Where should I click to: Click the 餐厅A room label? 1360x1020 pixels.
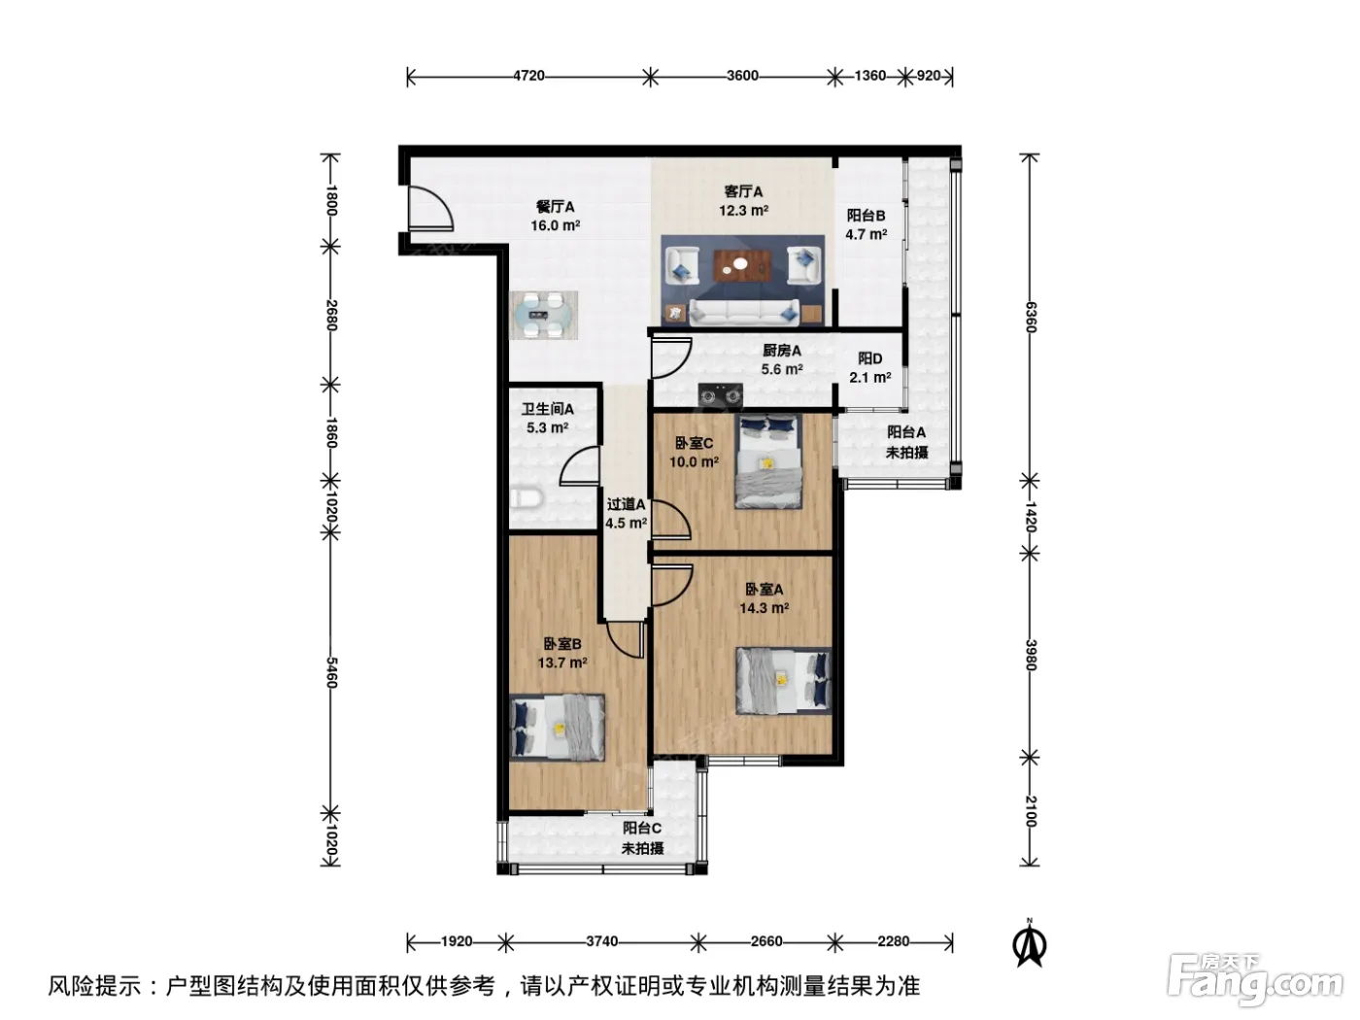[x=555, y=206]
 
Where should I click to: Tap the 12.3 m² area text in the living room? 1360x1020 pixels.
[x=743, y=211]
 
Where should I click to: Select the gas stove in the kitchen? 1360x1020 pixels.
[x=720, y=394]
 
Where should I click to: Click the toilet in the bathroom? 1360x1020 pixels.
[x=526, y=497]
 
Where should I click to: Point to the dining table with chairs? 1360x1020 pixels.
[x=543, y=315]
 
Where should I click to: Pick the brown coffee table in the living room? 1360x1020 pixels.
[x=741, y=264]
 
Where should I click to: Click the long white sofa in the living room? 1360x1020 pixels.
[x=743, y=312]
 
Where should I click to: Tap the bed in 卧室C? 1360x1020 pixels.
[x=768, y=460]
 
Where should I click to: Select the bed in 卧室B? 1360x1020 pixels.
[x=557, y=727]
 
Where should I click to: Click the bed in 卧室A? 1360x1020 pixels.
[x=783, y=681]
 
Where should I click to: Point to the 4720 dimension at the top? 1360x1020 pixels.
[x=528, y=76]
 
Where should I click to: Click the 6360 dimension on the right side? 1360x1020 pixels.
[x=1030, y=317]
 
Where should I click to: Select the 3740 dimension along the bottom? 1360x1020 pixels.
[x=601, y=941]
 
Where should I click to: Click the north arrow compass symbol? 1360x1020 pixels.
[x=1029, y=944]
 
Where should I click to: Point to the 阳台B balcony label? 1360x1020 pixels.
[x=866, y=216]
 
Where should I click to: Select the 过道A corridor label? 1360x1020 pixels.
[x=626, y=505]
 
